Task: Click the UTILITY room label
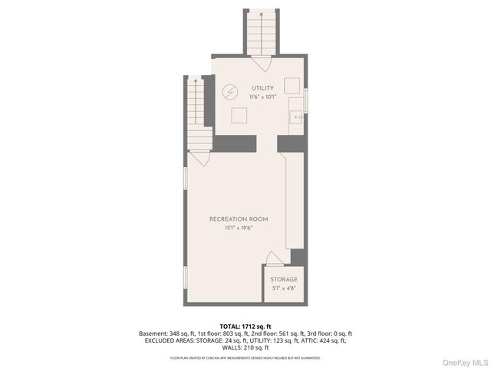point(262,89)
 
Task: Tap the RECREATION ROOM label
point(238,219)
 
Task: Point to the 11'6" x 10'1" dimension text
point(262,97)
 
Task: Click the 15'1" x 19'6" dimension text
point(238,228)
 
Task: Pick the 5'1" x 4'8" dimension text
point(283,289)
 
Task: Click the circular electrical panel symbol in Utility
point(229,93)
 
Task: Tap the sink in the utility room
point(295,117)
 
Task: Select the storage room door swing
point(273,258)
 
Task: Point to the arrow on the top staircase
point(260,15)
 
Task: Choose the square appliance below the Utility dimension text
point(239,116)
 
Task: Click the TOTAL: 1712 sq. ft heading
point(245,327)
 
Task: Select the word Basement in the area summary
point(152,333)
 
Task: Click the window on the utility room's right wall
point(305,100)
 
